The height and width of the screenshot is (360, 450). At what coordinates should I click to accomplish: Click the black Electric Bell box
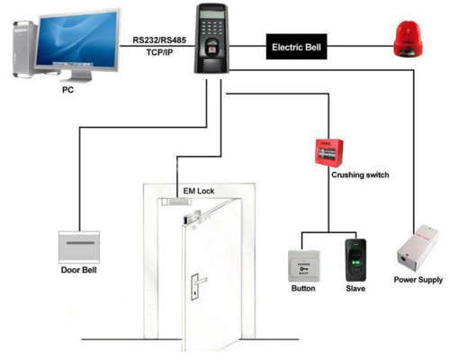[296, 47]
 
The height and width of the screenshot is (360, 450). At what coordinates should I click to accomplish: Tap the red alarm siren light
[408, 39]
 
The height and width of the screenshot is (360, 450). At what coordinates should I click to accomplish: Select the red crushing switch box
[329, 153]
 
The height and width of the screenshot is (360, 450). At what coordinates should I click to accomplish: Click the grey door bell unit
[79, 247]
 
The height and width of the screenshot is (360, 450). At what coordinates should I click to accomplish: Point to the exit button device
[304, 266]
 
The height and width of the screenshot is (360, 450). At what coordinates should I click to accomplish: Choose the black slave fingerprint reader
[355, 260]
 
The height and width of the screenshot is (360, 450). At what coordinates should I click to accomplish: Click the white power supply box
[418, 248]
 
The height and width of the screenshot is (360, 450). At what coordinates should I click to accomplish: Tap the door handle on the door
[198, 286]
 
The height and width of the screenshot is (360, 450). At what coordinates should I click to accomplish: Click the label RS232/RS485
[159, 40]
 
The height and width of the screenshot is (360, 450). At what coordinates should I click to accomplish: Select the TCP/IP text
[159, 52]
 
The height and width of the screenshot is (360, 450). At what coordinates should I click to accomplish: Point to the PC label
[67, 90]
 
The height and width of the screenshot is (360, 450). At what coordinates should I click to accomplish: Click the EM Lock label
[199, 191]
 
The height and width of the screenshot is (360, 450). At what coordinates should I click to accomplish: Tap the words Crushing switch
[360, 175]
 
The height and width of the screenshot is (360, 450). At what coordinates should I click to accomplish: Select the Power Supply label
[418, 280]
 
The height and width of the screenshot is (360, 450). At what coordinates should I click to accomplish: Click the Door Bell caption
[79, 270]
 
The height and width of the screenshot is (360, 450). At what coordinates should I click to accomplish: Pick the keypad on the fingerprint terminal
[212, 28]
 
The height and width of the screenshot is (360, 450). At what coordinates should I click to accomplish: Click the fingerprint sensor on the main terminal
[212, 49]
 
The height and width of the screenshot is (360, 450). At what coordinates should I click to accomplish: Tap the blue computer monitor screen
[77, 39]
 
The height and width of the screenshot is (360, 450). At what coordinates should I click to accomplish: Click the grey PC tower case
[24, 49]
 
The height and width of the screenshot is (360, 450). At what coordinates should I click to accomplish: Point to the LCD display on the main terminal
[212, 13]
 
